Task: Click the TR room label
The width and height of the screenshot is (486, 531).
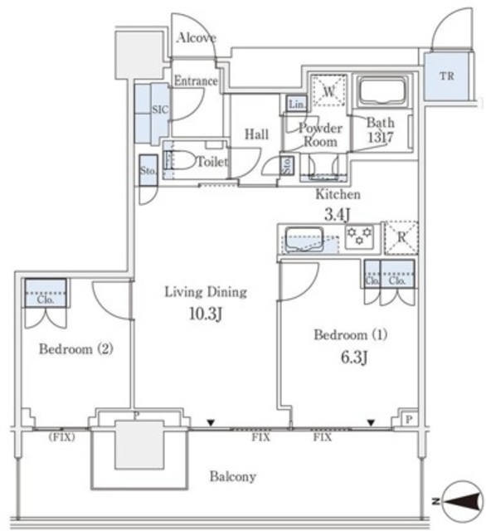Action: [447, 76]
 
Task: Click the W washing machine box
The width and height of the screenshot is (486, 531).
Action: [329, 90]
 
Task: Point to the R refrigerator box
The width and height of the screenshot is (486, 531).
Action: [401, 238]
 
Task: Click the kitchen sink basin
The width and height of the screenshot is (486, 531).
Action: [304, 240]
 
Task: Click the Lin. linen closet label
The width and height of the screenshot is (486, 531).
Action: [297, 105]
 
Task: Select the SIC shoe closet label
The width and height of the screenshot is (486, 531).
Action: [160, 110]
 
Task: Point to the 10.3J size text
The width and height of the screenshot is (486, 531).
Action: [206, 314]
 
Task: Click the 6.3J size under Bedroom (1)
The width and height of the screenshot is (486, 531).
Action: [354, 357]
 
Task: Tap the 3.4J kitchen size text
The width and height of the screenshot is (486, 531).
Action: [337, 214]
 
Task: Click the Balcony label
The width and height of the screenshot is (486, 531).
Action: [232, 476]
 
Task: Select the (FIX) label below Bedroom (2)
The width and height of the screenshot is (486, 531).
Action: [61, 437]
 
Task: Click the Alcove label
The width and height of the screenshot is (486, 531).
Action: [197, 37]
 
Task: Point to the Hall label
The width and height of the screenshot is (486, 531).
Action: [256, 134]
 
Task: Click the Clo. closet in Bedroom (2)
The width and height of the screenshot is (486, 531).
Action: [46, 293]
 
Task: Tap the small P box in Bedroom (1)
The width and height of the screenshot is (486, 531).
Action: [409, 419]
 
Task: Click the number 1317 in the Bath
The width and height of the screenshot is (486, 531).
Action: [381, 137]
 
